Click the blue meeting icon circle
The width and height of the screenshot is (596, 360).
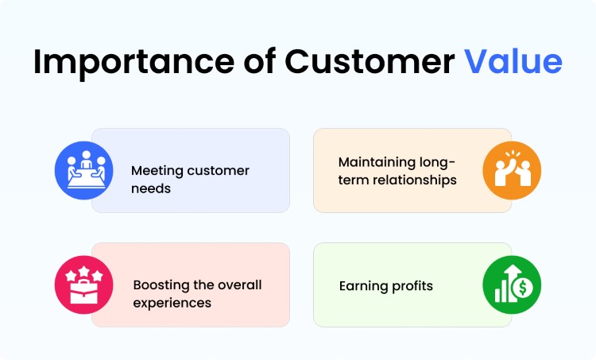83,170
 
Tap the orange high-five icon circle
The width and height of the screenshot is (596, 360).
512,170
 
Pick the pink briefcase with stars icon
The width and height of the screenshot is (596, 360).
83,285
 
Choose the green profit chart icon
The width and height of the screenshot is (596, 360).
512,285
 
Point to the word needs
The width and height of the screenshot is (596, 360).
151,188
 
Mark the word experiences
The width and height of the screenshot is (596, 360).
171,303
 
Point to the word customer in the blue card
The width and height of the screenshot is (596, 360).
219,171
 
